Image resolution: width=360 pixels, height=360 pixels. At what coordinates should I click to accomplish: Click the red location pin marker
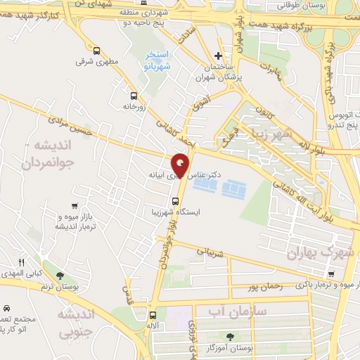click(x=181, y=165)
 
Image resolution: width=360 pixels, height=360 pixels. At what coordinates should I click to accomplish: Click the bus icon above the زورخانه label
click(x=134, y=95)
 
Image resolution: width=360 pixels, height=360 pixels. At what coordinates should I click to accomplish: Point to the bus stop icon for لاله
click(x=153, y=314)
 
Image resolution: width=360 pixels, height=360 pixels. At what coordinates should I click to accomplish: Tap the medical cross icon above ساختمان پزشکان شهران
click(x=219, y=56)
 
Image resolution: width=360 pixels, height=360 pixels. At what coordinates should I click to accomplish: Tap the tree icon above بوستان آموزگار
click(x=229, y=336)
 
